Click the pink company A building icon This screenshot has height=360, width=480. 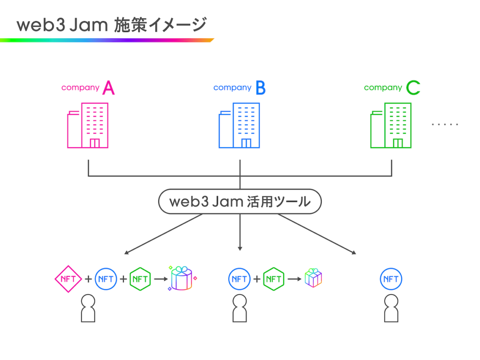(x=88, y=126)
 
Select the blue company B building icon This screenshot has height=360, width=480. (x=240, y=126)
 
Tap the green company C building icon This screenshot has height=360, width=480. (x=391, y=126)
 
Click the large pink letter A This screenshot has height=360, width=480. (x=109, y=88)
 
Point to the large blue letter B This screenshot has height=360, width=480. (x=261, y=88)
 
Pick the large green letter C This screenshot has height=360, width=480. (x=413, y=88)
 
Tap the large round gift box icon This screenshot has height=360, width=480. (x=182, y=278)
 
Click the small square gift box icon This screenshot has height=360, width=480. (x=313, y=278)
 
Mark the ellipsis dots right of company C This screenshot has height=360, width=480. (x=445, y=124)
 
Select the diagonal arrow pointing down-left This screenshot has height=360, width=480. (x=163, y=234)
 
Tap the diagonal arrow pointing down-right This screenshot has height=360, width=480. (x=317, y=234)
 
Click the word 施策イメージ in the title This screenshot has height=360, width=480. (x=160, y=25)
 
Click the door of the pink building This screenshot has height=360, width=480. (x=95, y=143)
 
